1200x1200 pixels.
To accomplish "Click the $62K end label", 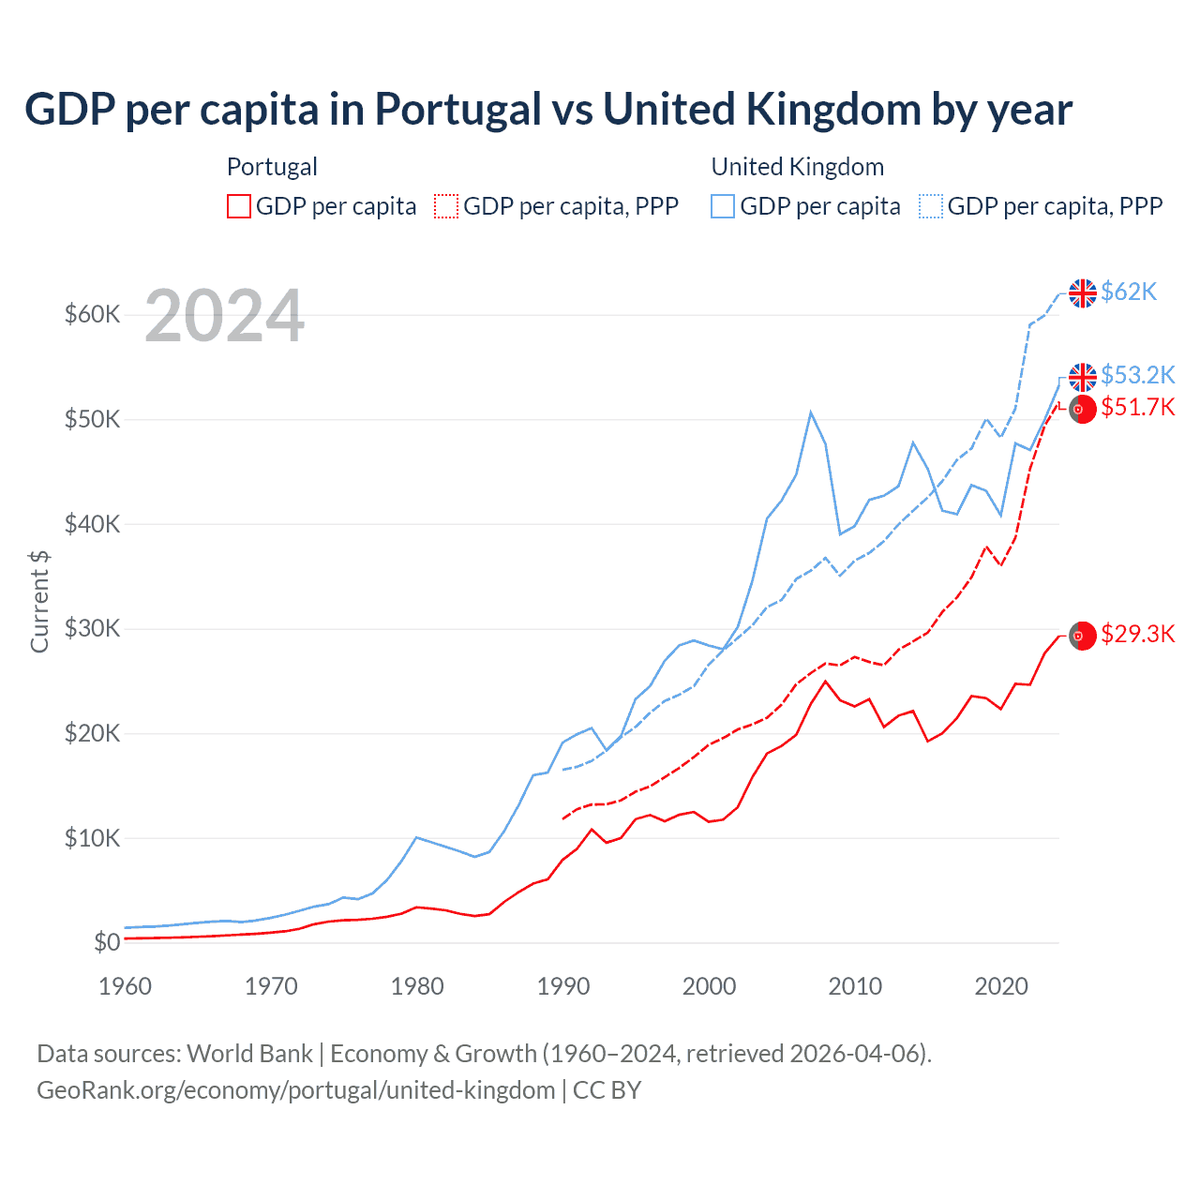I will (x=1129, y=292).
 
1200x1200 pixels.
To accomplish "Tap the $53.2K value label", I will (x=1137, y=375).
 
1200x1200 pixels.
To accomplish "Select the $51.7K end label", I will (x=1137, y=408).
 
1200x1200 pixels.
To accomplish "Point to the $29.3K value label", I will (x=1137, y=635).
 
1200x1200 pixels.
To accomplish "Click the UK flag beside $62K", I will (x=1083, y=293).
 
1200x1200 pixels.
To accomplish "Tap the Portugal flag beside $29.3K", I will (x=1083, y=636).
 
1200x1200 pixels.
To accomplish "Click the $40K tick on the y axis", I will (x=92, y=524).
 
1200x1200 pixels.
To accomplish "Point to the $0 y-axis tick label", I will (x=107, y=942).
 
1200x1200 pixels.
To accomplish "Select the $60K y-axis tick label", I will (x=92, y=315).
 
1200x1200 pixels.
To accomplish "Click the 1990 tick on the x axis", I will (x=563, y=986).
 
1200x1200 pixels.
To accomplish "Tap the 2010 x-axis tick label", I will (x=855, y=986).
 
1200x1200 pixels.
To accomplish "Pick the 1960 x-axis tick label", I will (x=125, y=986).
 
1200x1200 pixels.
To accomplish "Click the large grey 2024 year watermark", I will (x=225, y=317).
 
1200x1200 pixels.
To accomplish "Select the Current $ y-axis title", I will (x=39, y=601).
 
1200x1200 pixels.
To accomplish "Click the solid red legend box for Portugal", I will (x=239, y=206).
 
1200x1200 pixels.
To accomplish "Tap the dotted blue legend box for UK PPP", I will (x=931, y=206).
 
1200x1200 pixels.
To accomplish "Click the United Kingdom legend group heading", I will (x=798, y=167).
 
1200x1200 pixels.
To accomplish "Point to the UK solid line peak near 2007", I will (x=811, y=412).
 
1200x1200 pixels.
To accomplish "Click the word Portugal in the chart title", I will (x=458, y=110).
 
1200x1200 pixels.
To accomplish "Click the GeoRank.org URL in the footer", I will (x=295, y=1090).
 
